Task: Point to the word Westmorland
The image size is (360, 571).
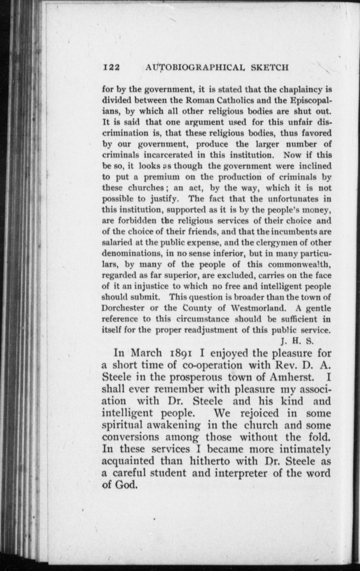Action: click(x=259, y=308)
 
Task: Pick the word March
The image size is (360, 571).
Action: click(x=146, y=353)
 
